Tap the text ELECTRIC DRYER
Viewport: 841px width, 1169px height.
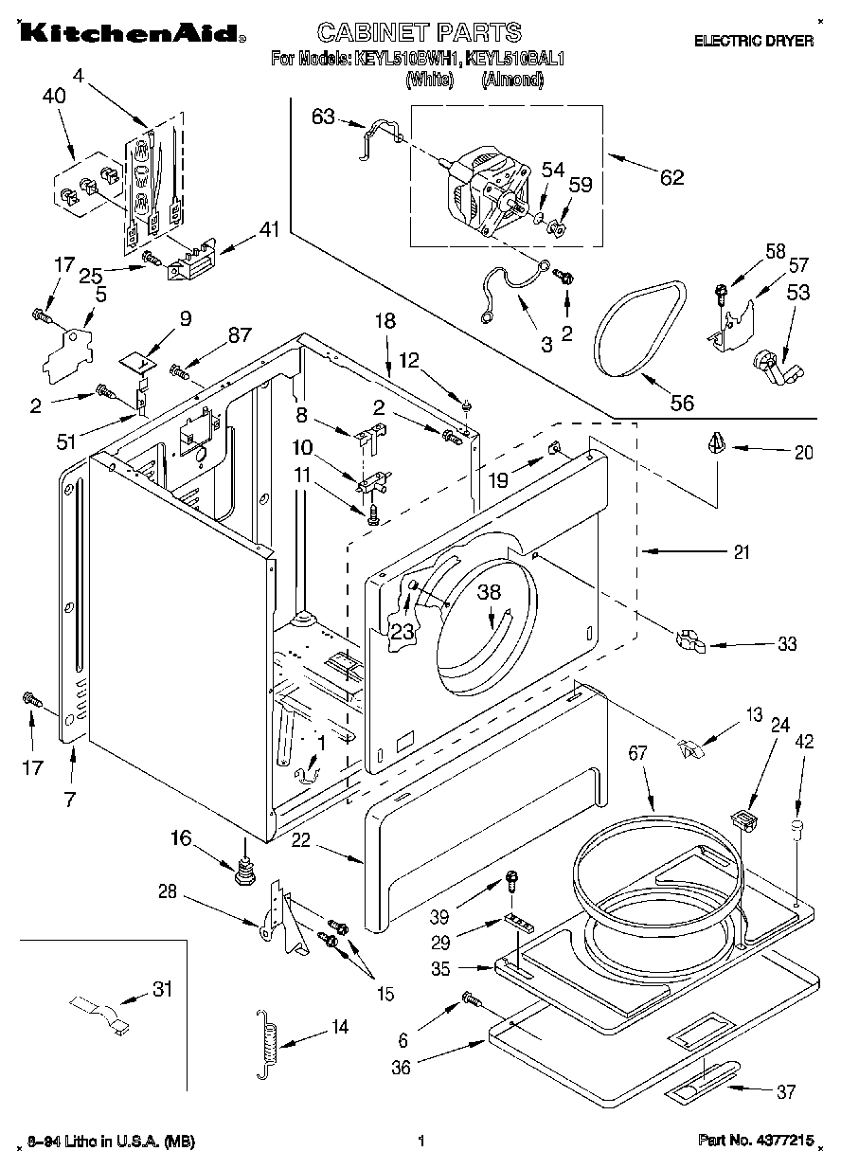click(753, 41)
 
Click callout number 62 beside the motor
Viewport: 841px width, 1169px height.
click(671, 177)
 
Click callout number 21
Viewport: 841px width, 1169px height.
click(741, 551)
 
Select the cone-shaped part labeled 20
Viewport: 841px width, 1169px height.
click(718, 442)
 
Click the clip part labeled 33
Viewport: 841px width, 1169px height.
click(691, 642)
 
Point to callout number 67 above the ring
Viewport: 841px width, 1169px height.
click(636, 754)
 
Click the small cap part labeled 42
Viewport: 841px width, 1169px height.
click(797, 831)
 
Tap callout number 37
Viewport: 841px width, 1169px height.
click(785, 1092)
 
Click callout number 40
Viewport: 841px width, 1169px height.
click(54, 96)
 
